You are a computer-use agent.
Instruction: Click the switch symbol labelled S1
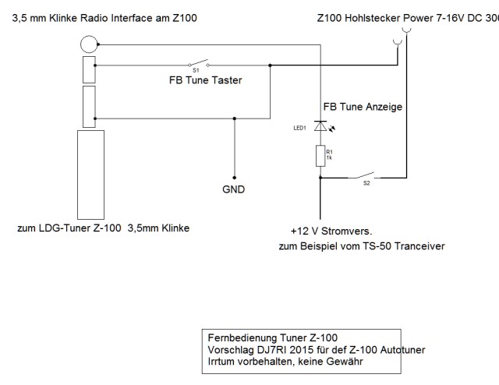coord(198,64)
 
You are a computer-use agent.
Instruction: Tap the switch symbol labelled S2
coord(365,175)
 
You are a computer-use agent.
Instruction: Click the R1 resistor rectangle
coord(320,155)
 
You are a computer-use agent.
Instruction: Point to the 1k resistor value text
coord(328,159)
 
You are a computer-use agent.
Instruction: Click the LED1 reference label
coord(299,129)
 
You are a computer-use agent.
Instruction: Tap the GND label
coord(233,189)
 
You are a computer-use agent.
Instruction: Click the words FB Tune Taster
coord(207,79)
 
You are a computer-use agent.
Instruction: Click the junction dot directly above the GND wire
coord(234,118)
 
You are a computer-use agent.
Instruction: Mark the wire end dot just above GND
coord(234,177)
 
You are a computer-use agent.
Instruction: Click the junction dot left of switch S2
coord(320,178)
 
